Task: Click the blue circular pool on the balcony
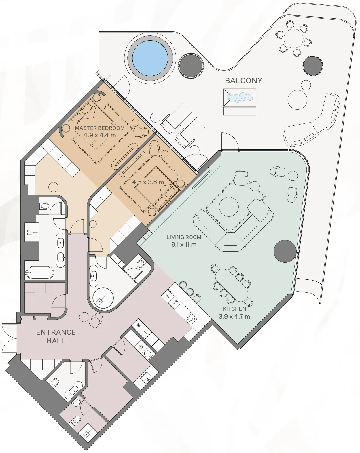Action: point(150,58)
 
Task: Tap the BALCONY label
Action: point(243,81)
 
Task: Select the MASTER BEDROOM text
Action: point(100,128)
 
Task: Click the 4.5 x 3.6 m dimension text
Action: point(148,182)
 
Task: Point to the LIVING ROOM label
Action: point(184,237)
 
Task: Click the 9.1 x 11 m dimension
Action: point(184,245)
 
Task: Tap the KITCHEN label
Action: point(234,309)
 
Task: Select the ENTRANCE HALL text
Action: point(56,336)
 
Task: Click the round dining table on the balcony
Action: point(293,38)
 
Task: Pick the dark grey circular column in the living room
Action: point(285,251)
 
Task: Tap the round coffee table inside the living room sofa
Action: point(229,207)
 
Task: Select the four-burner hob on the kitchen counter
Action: point(190,318)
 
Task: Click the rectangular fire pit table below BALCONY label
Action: point(240,98)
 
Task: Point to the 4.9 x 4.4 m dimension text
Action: point(100,135)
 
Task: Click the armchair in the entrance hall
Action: point(96,320)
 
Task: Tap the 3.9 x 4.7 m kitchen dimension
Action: point(234,317)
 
